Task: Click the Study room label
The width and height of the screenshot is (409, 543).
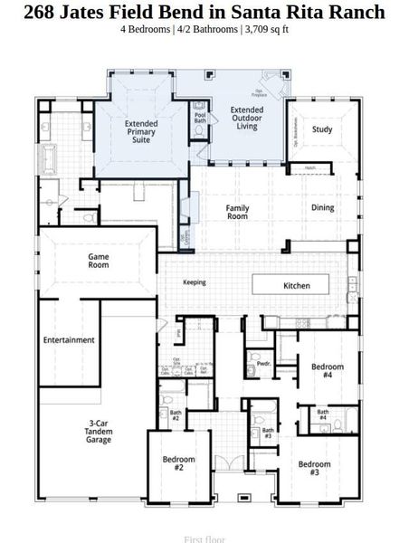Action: point(322,129)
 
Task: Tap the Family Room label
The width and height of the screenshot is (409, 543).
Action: point(237,212)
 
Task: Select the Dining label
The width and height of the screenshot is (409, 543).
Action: point(322,207)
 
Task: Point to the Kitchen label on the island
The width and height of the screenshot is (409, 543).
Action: point(297,286)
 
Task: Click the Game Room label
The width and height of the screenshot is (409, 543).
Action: point(99,262)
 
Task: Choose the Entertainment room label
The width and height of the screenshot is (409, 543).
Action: point(69,340)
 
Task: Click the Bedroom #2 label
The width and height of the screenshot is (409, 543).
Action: point(179,463)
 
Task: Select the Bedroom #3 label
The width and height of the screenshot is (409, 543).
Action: point(314,469)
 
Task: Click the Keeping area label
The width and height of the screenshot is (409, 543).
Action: point(195,282)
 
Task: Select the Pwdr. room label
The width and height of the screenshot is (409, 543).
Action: point(264,364)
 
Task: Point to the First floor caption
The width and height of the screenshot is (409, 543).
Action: point(204,538)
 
